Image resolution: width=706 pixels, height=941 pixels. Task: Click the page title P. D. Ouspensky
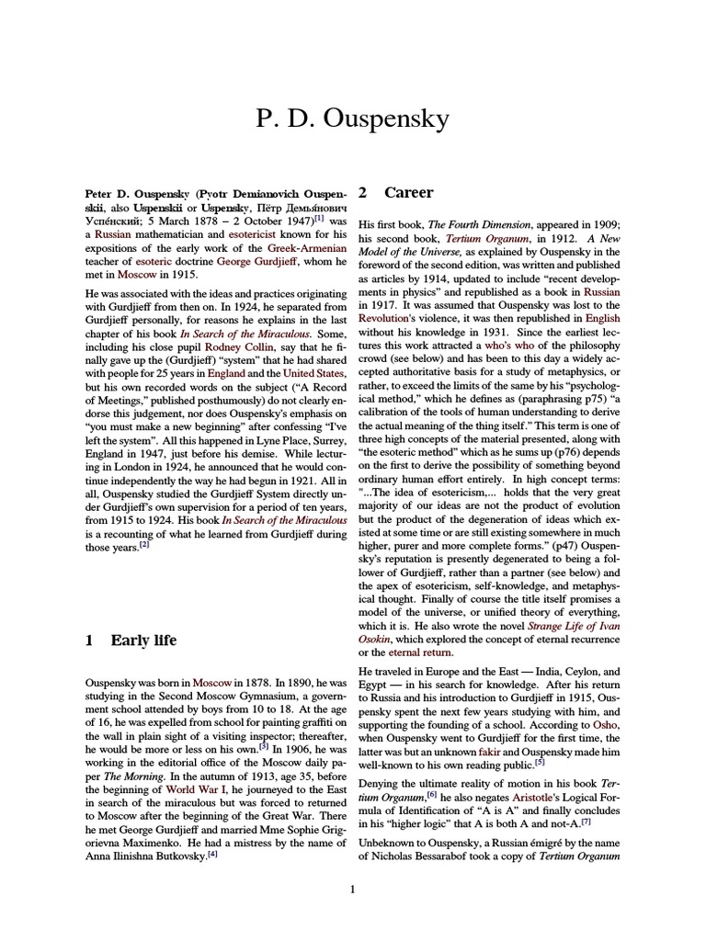[352, 119]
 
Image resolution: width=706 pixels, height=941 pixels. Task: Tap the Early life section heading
[143, 640]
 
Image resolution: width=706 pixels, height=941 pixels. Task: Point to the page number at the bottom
[352, 888]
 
